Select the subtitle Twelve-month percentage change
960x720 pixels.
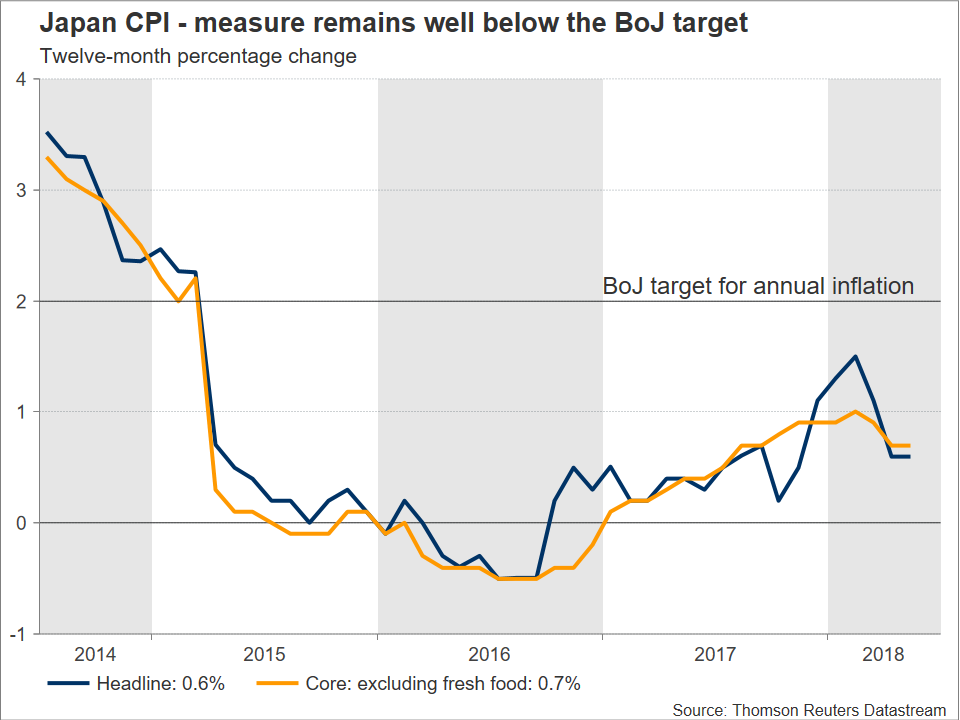point(197,56)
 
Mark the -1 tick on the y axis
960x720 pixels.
point(17,634)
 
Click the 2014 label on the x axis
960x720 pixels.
point(96,655)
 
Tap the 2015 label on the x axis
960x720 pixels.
point(264,655)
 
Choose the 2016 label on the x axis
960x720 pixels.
point(490,655)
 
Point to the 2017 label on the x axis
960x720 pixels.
point(715,655)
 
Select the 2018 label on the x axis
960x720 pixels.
point(883,655)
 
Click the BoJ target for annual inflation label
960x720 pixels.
point(758,287)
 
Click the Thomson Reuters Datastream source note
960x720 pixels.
point(808,709)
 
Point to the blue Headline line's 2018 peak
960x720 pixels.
point(856,356)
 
